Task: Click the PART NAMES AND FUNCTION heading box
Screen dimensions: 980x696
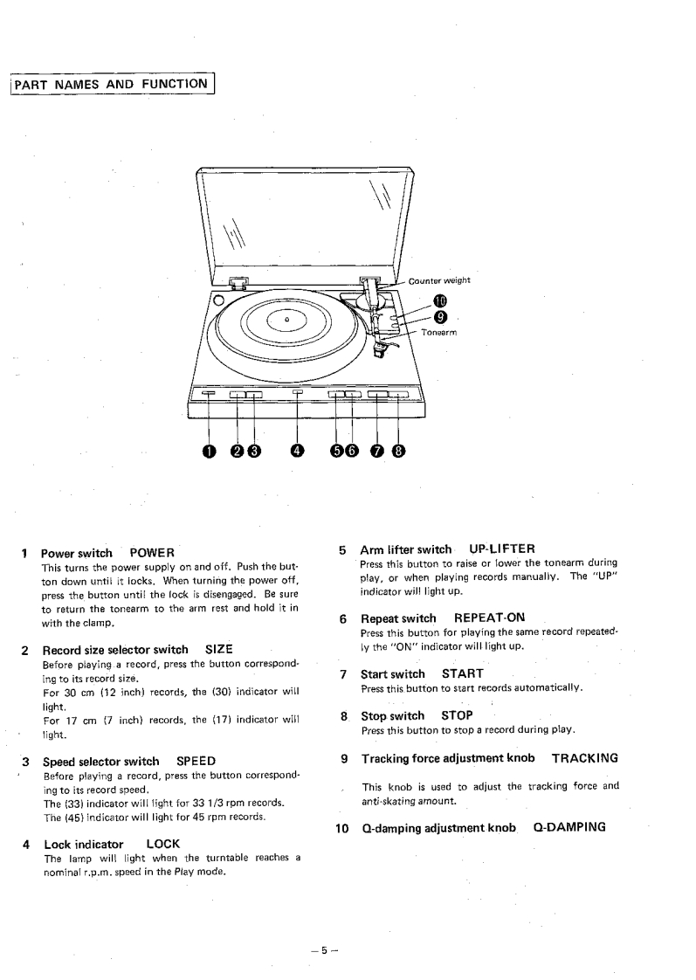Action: coord(111,85)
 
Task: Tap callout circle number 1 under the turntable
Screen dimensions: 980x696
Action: coord(210,451)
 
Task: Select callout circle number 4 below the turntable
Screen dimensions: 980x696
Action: coord(297,451)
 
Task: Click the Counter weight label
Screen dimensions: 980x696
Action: coord(439,280)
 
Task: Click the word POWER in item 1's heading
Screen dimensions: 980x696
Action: coord(153,553)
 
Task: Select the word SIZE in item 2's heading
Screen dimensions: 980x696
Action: coord(217,650)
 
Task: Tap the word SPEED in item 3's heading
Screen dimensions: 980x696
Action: coord(196,762)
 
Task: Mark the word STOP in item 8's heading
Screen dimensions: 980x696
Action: coord(457,715)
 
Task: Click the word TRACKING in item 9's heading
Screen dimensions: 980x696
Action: coord(585,758)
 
